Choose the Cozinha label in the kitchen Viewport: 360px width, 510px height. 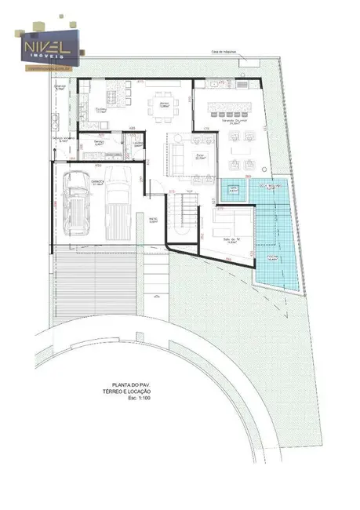click(x=100, y=110)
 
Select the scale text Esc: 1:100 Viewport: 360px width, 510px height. click(x=136, y=398)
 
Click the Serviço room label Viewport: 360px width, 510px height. click(x=100, y=144)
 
